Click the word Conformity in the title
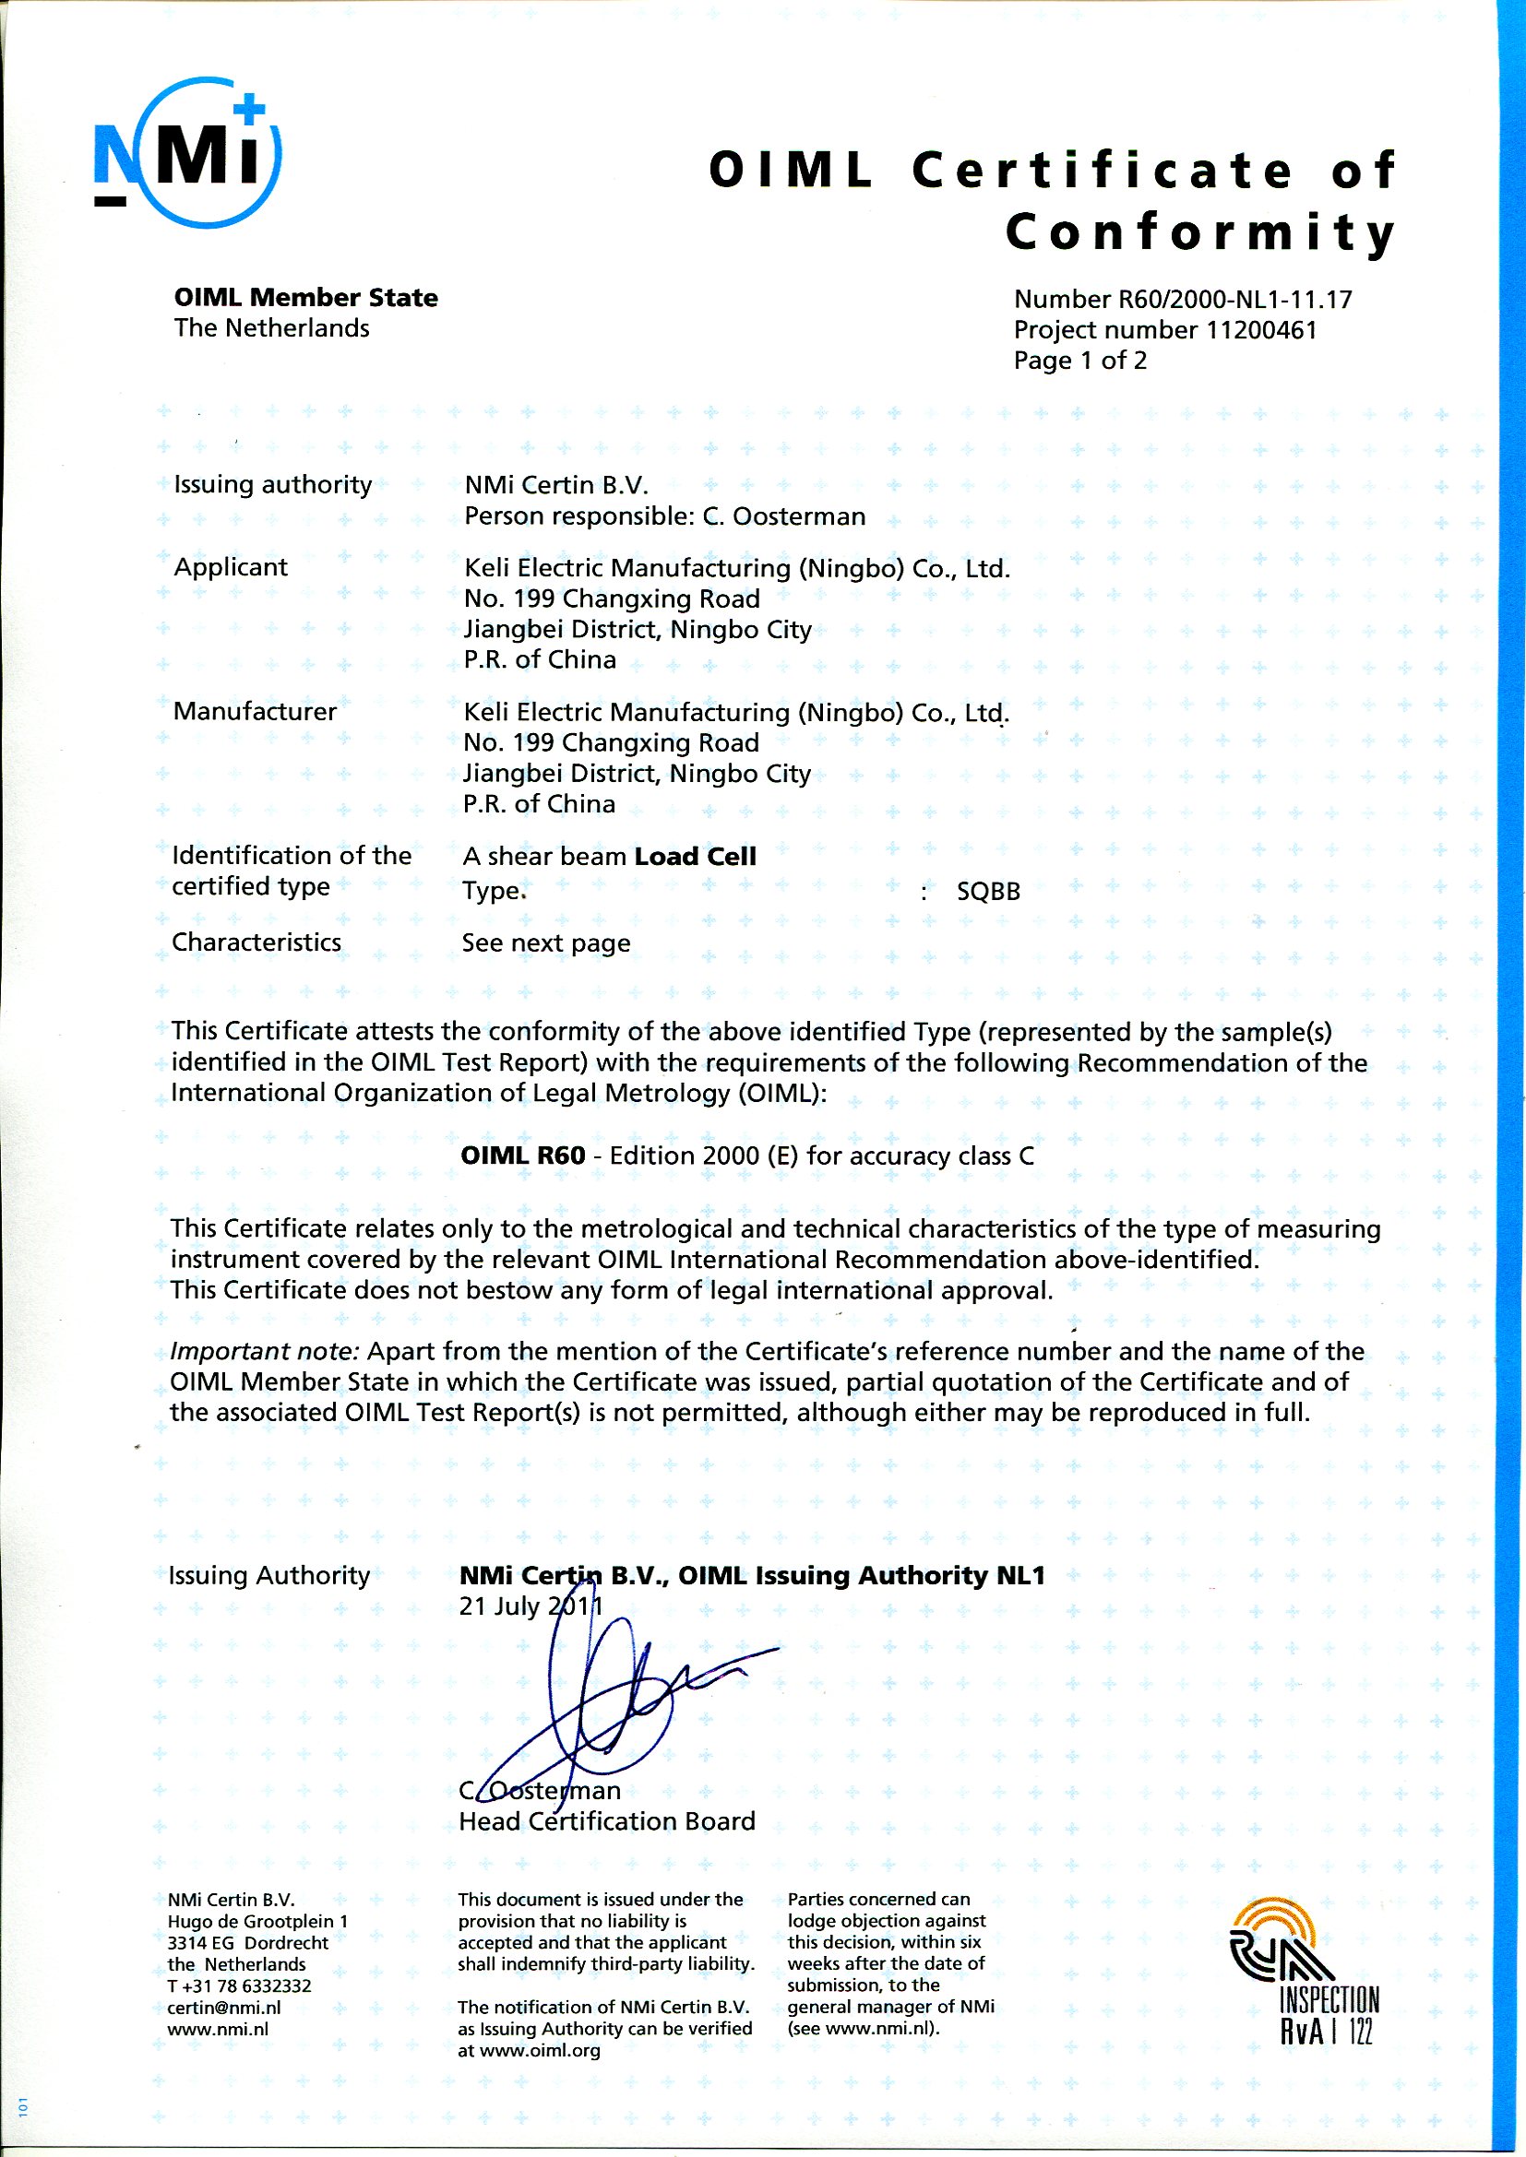(1200, 233)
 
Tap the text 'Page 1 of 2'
(1079, 361)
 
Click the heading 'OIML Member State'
(305, 298)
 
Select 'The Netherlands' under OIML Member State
(271, 329)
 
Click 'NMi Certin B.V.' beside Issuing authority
(556, 486)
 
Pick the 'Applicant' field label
(231, 567)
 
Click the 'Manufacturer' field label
(254, 711)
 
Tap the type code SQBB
(987, 892)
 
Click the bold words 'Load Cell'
(696, 857)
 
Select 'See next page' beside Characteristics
(546, 943)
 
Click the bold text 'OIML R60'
(522, 1156)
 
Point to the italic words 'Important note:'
(264, 1352)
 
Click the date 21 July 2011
(531, 1606)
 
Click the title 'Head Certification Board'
(607, 1821)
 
